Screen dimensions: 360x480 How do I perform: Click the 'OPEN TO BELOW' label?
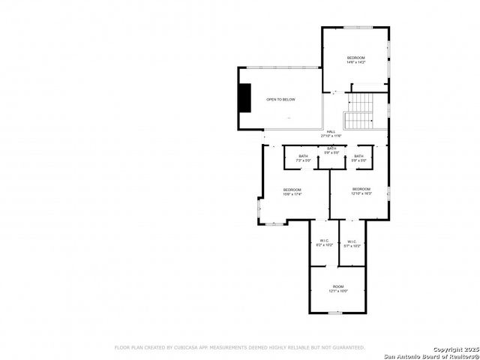tap(281, 100)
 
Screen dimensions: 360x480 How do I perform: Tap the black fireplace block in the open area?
tap(244, 97)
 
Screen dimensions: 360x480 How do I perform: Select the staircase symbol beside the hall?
tap(358, 111)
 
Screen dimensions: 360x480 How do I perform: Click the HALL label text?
tap(331, 131)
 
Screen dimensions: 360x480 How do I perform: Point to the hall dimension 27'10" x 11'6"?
tap(331, 136)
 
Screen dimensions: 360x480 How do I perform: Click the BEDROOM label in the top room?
tap(355, 58)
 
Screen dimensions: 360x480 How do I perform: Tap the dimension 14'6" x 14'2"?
tap(355, 62)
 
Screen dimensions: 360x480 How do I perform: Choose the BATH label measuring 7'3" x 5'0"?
tap(303, 156)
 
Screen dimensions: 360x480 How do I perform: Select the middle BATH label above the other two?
tap(331, 148)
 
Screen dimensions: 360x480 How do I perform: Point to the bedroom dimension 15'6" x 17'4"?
tap(292, 194)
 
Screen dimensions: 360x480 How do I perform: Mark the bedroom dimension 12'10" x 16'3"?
tap(361, 193)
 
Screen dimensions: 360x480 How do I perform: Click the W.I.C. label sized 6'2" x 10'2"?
tap(324, 241)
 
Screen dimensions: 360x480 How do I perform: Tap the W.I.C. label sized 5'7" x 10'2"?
tap(352, 241)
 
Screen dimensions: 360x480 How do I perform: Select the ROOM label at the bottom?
tap(337, 286)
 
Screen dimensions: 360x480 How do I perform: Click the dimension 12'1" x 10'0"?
tap(337, 291)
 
